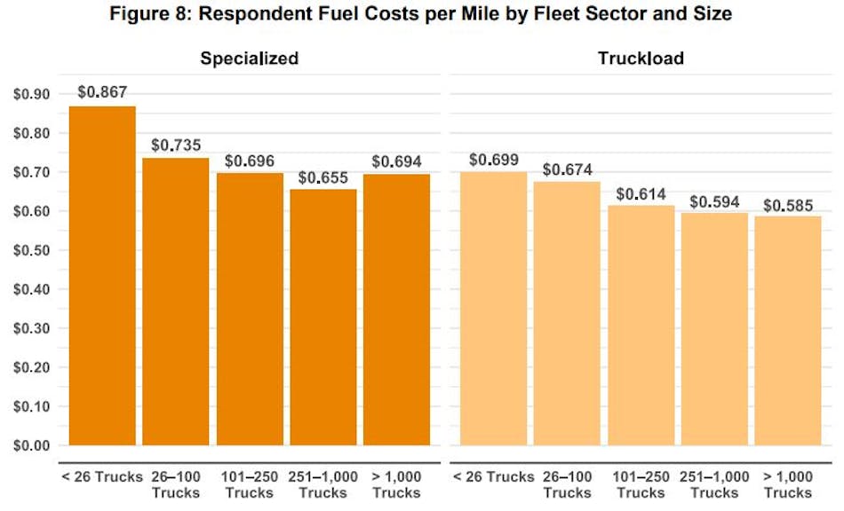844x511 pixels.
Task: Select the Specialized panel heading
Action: pos(249,59)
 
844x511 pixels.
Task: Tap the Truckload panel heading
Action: pos(641,59)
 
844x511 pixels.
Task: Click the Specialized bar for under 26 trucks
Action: pos(103,276)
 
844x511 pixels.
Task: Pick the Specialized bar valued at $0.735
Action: pos(176,302)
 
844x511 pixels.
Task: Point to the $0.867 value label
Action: pos(103,91)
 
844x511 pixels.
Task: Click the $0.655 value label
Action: pos(323,177)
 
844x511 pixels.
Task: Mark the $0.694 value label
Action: pos(397,161)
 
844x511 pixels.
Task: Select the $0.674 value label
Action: pos(567,169)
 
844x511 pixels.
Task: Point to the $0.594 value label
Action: pos(714,201)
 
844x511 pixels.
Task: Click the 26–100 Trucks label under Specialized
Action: pos(176,484)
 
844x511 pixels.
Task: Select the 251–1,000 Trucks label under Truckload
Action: pos(714,484)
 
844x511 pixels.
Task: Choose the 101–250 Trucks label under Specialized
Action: pos(250,484)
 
